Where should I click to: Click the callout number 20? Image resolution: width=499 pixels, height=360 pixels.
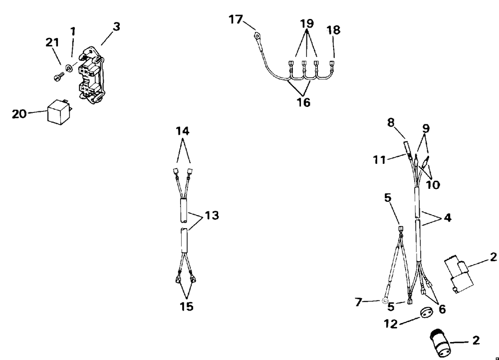point(19,114)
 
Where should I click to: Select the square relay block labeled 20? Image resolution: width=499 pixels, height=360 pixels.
point(58,112)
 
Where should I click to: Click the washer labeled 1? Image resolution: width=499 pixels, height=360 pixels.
point(69,68)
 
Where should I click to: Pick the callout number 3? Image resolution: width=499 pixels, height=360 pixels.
point(116,27)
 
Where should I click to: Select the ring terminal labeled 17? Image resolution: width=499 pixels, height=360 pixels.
point(257,36)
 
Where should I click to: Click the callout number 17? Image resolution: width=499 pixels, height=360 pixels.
point(236,20)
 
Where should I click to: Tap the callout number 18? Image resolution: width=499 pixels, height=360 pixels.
point(333,30)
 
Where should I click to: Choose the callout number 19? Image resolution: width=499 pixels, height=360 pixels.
point(307,24)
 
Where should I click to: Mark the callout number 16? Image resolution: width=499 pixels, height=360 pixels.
point(303,102)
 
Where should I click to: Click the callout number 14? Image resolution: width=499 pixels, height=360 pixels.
point(183,132)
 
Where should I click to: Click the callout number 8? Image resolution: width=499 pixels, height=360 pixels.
point(391,121)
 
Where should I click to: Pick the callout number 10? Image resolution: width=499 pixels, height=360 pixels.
point(433,185)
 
